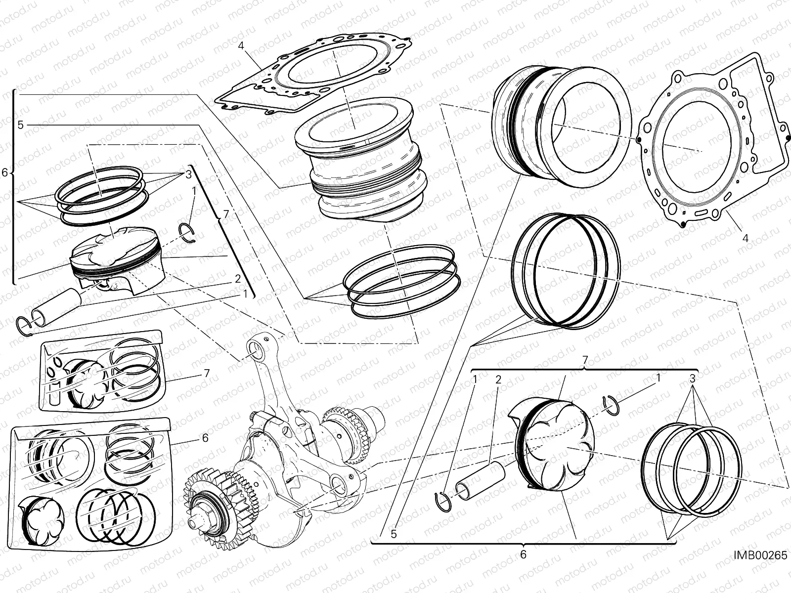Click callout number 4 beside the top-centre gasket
pyautogui.click(x=241, y=46)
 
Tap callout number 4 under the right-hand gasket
pyautogui.click(x=746, y=238)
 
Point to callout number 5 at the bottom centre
pyautogui.click(x=394, y=534)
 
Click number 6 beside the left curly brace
pyautogui.click(x=5, y=172)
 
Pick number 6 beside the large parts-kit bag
pyautogui.click(x=205, y=438)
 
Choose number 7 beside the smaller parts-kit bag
pyautogui.click(x=207, y=373)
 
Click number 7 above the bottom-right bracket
pyautogui.click(x=585, y=359)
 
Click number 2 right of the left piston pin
pyautogui.click(x=238, y=278)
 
